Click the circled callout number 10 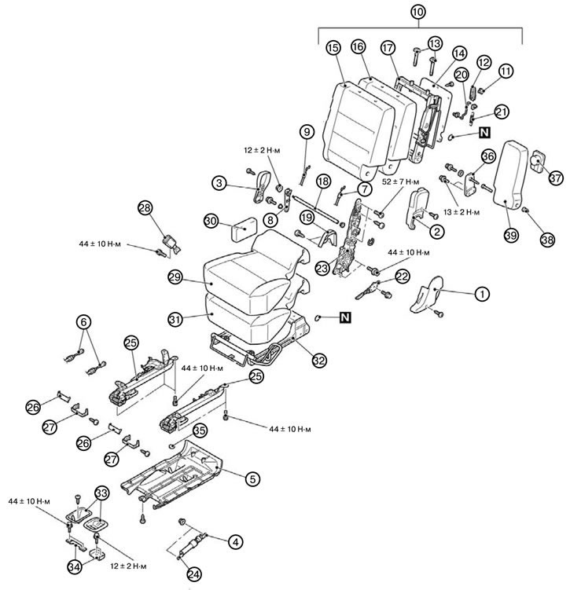418,12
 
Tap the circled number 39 511,235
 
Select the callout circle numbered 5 252,479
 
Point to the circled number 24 194,574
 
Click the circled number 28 145,207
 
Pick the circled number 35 200,431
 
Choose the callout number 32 319,361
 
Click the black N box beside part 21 484,132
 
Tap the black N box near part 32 345,317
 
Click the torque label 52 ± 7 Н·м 401,181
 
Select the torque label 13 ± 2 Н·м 462,212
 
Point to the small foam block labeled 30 244,228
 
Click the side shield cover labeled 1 428,295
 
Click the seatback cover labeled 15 358,126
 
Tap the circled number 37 555,178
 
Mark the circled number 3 219,183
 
